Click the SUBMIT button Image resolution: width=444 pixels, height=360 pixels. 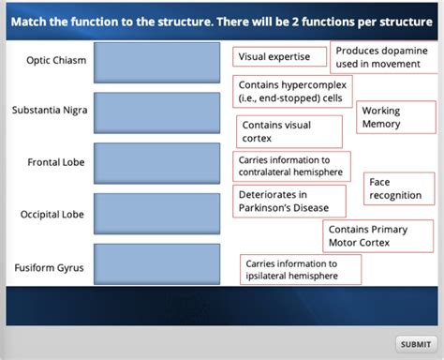[415, 344]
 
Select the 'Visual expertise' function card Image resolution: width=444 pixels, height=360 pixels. [280, 57]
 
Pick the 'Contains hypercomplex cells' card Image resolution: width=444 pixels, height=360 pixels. [291, 91]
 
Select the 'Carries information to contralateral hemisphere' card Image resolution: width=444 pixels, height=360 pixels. [291, 167]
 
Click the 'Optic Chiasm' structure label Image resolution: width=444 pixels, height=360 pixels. [56, 61]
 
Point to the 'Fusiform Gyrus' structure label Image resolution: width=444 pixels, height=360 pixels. [49, 268]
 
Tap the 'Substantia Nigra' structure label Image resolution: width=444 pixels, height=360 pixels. [50, 111]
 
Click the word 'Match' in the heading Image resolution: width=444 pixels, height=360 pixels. [30, 22]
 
